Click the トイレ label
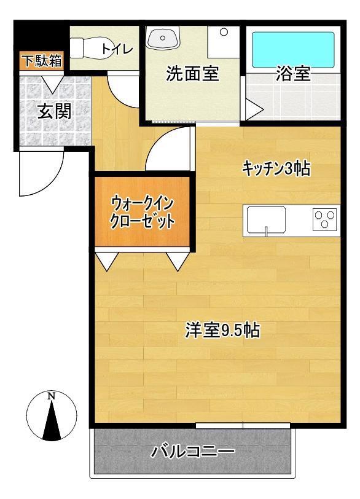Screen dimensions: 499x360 coord(117,49)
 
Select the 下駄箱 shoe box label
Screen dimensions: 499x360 coord(41,61)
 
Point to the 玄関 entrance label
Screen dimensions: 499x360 coord(53,111)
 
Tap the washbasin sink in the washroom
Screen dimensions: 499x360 coord(163,39)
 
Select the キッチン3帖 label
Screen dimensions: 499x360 coord(275,168)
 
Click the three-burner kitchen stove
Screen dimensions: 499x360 coord(324,219)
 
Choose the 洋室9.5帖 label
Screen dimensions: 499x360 coord(222,331)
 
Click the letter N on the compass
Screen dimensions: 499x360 coord(52,396)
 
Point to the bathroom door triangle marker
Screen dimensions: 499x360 coord(256,111)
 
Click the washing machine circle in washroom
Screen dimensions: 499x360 coord(224,31)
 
